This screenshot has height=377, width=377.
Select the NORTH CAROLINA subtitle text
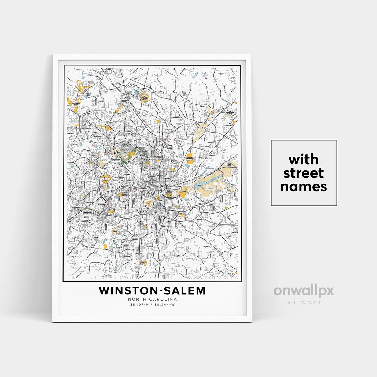152,299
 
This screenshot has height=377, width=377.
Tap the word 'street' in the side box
304,173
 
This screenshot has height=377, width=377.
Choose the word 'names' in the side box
304,187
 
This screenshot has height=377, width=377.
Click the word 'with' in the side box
304,160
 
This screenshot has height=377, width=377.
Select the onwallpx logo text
304,291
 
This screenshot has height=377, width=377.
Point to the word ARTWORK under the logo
304,302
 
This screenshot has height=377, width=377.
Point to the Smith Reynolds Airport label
170,148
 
